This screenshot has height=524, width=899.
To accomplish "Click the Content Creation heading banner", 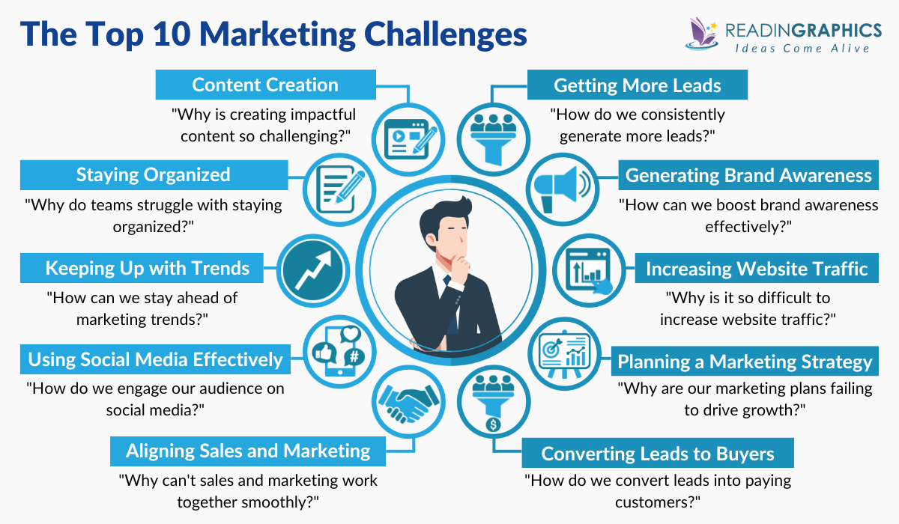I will pos(265,85).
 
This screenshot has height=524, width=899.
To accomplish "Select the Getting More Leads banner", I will pos(638,85).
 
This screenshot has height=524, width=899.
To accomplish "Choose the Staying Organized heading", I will pos(153,175).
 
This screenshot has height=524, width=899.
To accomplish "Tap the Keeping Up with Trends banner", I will pos(147,267).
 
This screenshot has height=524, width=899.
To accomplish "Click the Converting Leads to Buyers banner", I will pos(657,454).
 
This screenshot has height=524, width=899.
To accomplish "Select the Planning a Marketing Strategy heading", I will pos(745,362).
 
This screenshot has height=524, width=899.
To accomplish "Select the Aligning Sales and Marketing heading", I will pos(248,451).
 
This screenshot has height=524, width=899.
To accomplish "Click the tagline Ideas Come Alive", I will pos(801,49).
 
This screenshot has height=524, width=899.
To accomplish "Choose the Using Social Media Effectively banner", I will pos(155,359).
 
